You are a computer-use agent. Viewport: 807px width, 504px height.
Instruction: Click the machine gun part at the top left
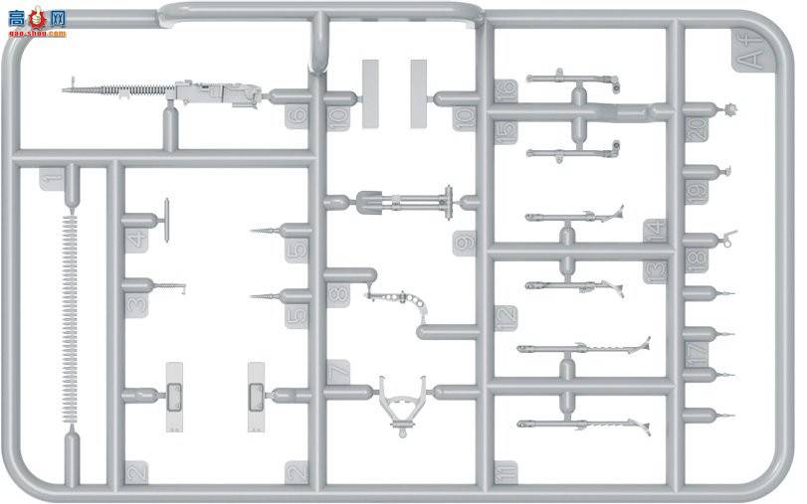pyautogui.click(x=164, y=90)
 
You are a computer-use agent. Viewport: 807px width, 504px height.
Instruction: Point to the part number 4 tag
pyautogui.click(x=137, y=238)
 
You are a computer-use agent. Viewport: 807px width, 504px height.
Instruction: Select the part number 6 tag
pyautogui.click(x=297, y=117)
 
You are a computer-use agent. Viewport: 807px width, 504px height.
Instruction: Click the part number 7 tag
pyautogui.click(x=338, y=371)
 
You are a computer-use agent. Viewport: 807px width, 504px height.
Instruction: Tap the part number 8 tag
pyautogui.click(x=338, y=294)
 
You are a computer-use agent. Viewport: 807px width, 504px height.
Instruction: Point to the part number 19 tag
pyautogui.click(x=697, y=191)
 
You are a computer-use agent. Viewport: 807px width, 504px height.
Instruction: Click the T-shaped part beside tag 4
pyautogui.click(x=165, y=214)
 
